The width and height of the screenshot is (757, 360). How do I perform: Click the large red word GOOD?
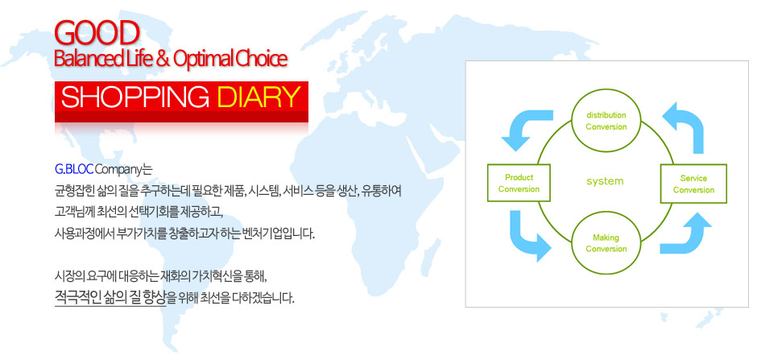point(97,33)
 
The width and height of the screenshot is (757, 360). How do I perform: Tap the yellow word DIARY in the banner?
point(256,97)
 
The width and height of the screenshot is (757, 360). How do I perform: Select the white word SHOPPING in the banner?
point(135,97)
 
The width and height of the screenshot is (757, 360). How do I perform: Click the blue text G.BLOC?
point(74,170)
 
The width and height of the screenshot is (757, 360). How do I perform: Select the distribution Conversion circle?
point(606,121)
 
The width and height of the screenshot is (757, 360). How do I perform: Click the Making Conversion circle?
point(606,243)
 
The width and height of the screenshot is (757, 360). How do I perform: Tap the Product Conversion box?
point(519,183)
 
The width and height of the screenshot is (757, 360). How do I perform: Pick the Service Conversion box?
point(693,184)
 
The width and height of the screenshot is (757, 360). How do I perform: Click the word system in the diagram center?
point(605,181)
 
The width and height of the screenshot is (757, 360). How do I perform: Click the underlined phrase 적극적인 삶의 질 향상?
point(110,297)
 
